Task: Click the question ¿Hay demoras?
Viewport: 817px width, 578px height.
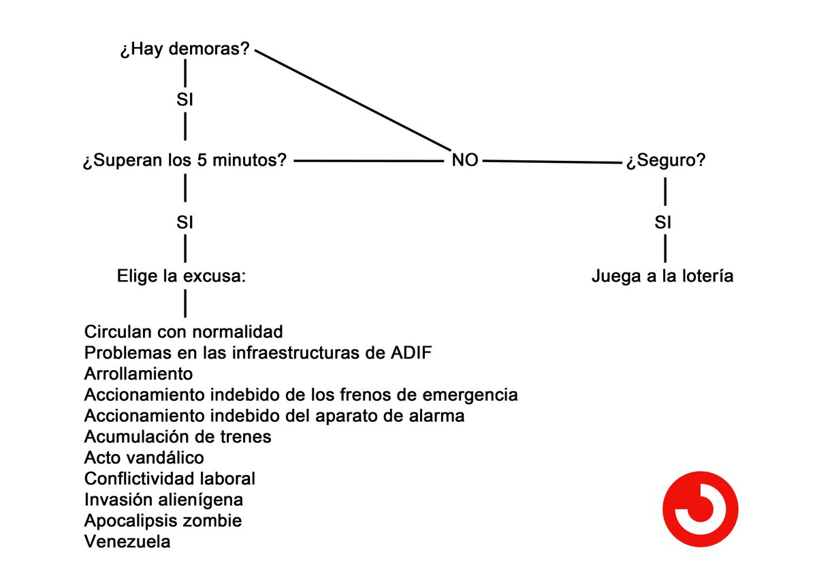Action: click(185, 49)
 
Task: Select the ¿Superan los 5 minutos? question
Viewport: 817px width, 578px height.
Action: click(185, 160)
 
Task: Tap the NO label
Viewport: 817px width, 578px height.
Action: click(464, 160)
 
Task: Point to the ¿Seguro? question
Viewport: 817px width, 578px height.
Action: click(666, 160)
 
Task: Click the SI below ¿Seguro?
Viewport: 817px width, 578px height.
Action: click(662, 222)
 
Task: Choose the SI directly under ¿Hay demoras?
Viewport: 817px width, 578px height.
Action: click(185, 100)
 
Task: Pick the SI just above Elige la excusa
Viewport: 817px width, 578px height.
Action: click(185, 222)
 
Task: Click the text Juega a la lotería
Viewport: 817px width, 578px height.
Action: click(662, 276)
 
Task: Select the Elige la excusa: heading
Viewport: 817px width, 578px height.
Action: click(181, 276)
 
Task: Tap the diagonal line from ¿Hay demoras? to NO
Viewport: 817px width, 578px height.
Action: click(353, 100)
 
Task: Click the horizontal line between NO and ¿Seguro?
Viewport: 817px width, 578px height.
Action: click(552, 162)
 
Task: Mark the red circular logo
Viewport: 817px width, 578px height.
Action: click(701, 509)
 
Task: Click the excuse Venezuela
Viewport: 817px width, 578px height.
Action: click(127, 541)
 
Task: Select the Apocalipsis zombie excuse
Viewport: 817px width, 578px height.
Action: click(163, 521)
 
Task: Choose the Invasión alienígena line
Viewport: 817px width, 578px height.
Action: click(164, 500)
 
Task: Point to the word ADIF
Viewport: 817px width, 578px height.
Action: click(411, 352)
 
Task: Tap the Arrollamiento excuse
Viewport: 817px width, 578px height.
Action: click(139, 374)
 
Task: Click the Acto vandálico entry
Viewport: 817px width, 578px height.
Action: click(144, 457)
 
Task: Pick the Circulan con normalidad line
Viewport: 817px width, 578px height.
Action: click(183, 332)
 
